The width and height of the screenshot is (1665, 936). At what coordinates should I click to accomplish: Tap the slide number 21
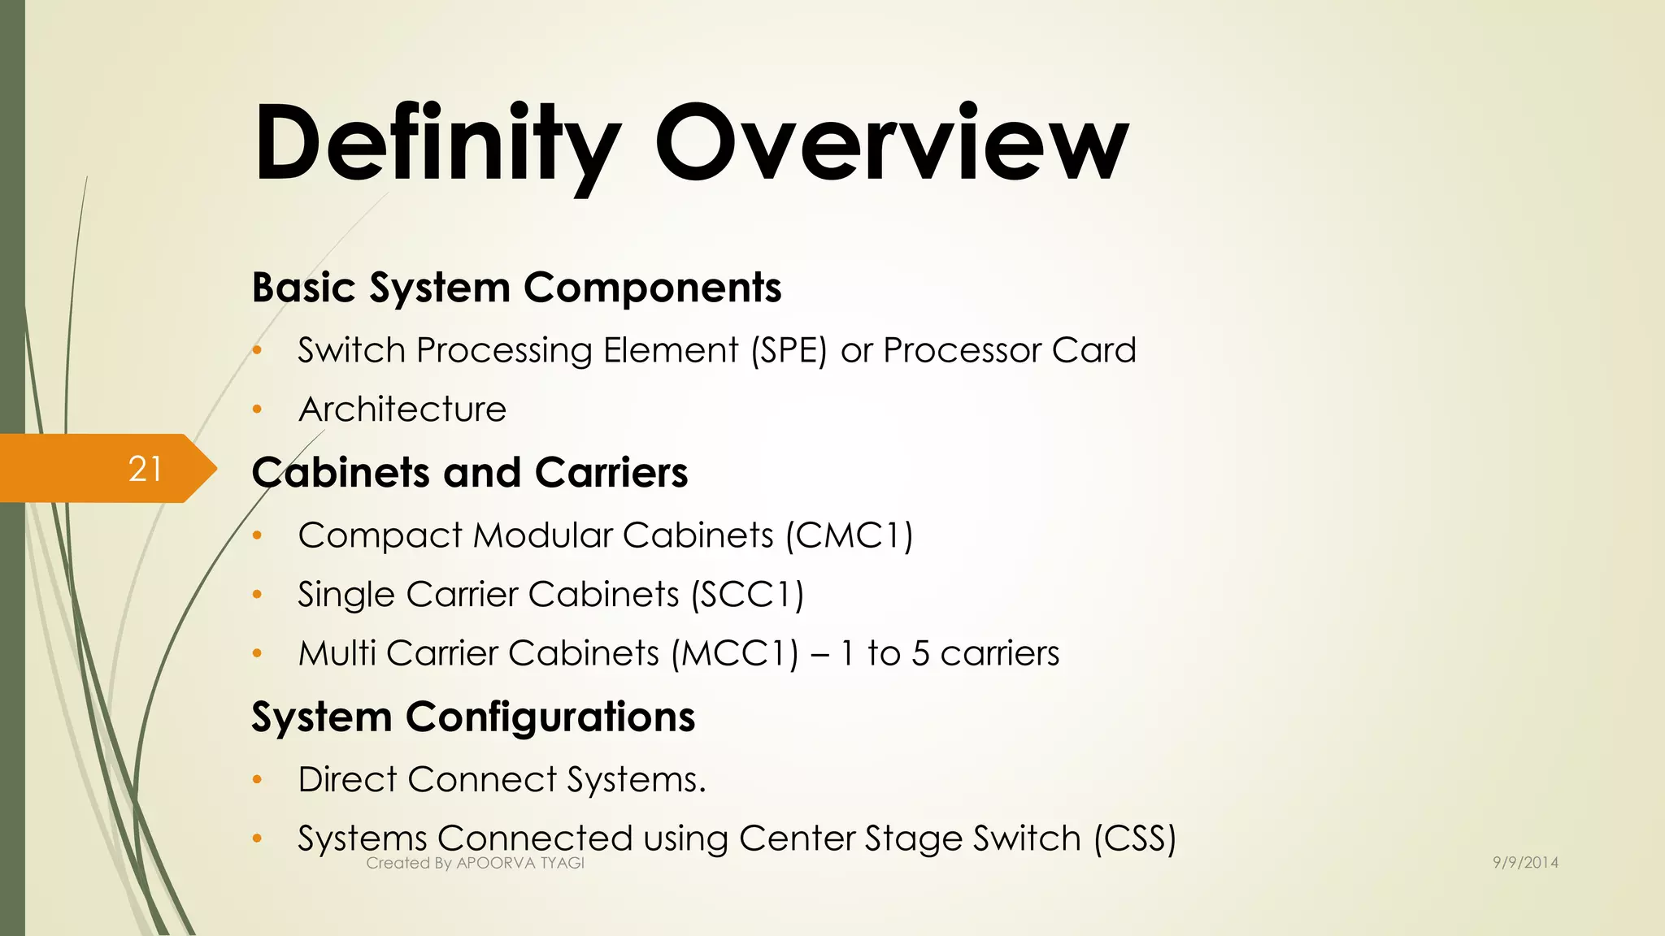pyautogui.click(x=146, y=469)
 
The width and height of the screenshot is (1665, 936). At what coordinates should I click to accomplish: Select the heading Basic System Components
pyautogui.click(x=516, y=288)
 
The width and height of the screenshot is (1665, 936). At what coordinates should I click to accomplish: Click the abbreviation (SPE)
pyautogui.click(x=789, y=351)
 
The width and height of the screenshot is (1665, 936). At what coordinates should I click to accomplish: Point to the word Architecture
pyautogui.click(x=402, y=409)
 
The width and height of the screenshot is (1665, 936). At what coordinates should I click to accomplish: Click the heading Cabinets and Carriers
pyautogui.click(x=469, y=473)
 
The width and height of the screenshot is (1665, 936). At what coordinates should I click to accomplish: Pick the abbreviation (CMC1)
pyautogui.click(x=850, y=536)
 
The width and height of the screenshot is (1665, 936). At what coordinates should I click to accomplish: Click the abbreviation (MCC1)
pyautogui.click(x=735, y=654)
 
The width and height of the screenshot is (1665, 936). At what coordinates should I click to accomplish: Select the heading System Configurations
pyautogui.click(x=473, y=717)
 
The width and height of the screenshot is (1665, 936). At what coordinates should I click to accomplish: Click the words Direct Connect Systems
pyautogui.click(x=502, y=780)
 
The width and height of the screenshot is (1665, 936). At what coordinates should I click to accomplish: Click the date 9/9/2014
pyautogui.click(x=1525, y=863)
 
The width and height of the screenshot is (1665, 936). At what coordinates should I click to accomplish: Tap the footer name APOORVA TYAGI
pyautogui.click(x=520, y=864)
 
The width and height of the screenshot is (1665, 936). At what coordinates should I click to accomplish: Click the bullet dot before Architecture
pyautogui.click(x=258, y=409)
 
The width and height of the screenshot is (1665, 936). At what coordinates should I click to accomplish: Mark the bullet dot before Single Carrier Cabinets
pyautogui.click(x=258, y=595)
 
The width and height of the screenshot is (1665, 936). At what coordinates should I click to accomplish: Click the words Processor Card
pyautogui.click(x=1010, y=351)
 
